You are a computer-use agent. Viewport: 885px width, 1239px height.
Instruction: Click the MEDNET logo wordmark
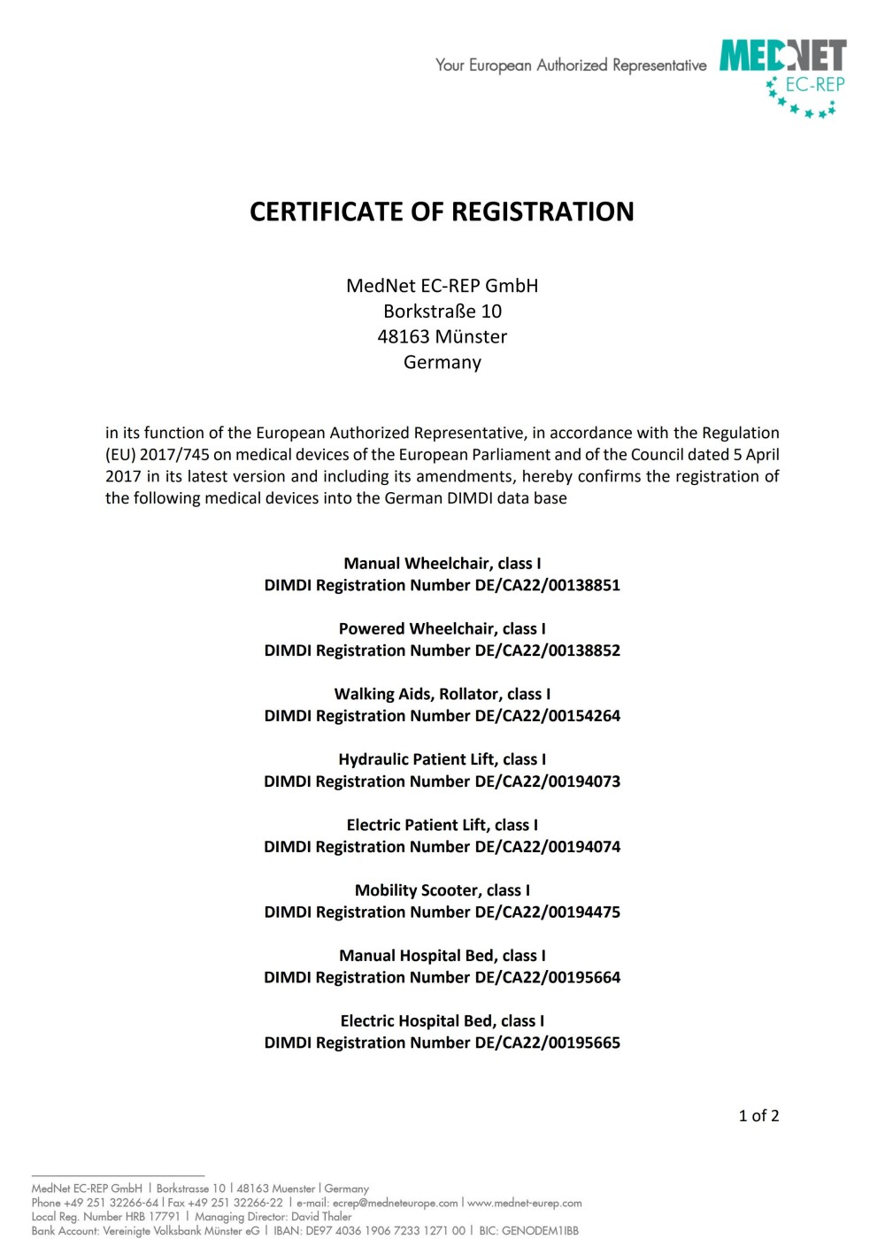click(782, 56)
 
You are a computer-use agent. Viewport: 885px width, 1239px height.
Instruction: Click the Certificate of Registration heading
click(442, 212)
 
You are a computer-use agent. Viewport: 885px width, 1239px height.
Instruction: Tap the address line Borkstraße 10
click(442, 312)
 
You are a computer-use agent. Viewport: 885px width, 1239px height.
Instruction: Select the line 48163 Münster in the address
click(442, 337)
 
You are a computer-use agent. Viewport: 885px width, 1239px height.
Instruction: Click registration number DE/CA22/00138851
click(547, 586)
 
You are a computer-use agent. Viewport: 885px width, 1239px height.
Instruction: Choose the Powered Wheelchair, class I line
click(442, 629)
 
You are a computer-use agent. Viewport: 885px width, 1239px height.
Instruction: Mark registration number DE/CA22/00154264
click(547, 716)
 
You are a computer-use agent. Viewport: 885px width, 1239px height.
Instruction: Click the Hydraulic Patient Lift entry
click(442, 759)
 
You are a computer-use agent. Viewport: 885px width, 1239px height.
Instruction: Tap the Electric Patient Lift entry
click(442, 825)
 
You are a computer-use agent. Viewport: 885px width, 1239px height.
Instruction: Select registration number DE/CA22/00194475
click(547, 912)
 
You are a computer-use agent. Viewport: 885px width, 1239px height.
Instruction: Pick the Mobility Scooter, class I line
click(442, 890)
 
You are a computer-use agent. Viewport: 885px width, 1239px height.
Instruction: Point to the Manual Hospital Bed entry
click(442, 956)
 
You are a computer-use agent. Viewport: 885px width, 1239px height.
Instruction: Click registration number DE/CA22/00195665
click(547, 1043)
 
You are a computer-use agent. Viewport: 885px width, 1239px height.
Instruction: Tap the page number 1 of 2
click(758, 1116)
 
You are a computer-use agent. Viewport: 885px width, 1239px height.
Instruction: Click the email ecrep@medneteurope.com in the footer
click(395, 1203)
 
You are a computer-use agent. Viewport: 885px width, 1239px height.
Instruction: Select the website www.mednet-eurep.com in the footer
click(525, 1203)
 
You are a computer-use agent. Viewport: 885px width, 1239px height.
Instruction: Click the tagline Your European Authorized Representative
click(571, 65)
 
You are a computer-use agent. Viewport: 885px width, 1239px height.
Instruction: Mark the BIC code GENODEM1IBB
click(540, 1231)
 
